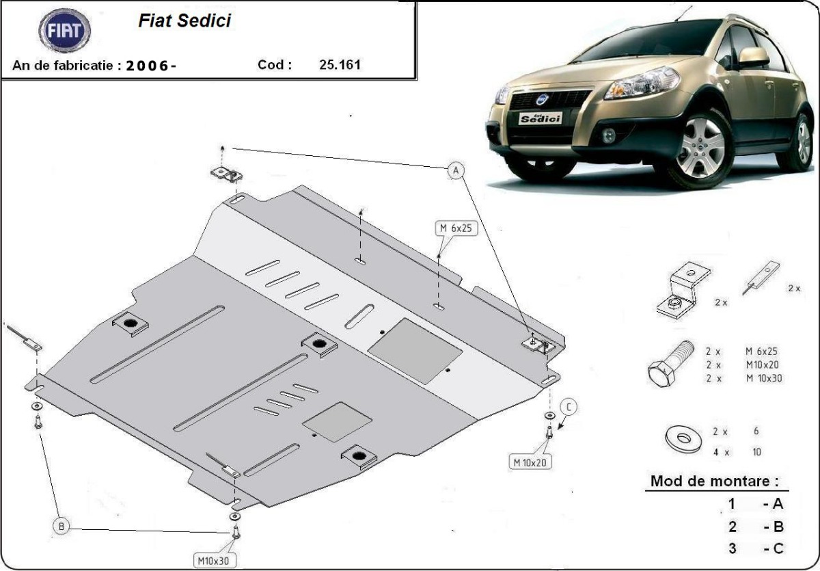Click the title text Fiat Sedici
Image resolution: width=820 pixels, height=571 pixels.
pos(184,21)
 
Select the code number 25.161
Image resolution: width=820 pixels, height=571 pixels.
pos(340,66)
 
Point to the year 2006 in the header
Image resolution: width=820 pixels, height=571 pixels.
pos(152,66)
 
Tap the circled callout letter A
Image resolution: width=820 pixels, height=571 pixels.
pos(456,170)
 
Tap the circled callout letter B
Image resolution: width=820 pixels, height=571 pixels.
pos(61,525)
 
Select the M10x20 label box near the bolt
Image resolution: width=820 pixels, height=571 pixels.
pos(530,462)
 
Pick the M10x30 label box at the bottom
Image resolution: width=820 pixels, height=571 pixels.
pos(215,561)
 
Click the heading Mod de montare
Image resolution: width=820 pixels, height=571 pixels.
pos(714,481)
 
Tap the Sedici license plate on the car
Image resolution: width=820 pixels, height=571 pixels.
pos(540,118)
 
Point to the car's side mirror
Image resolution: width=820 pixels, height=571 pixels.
pos(753,57)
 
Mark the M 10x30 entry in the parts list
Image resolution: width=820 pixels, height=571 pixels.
pos(764,378)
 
